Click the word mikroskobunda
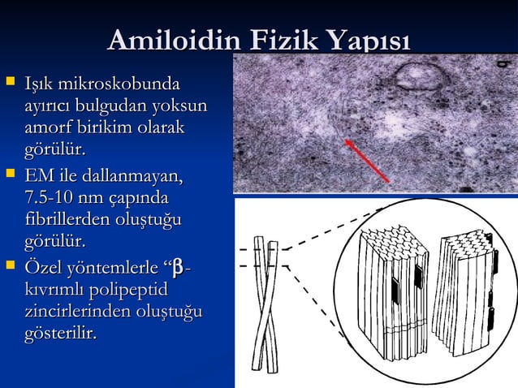click(x=119, y=84)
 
